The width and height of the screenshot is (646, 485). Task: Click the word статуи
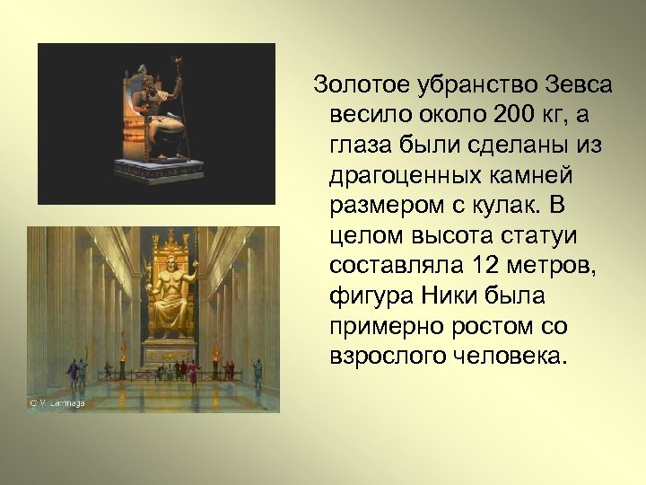pyautogui.click(x=546, y=236)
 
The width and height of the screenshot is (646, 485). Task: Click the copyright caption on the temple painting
pyautogui.click(x=56, y=402)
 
